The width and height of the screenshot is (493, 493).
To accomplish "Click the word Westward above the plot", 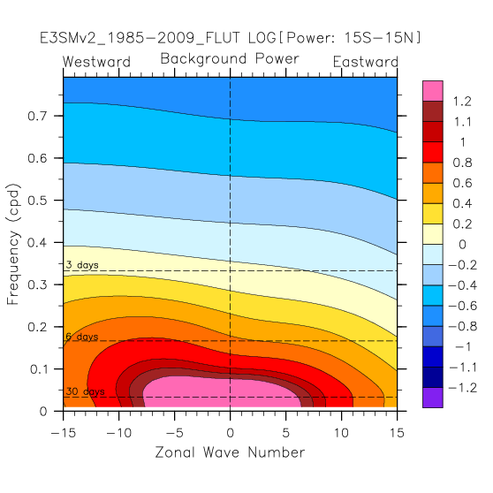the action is coord(96,62).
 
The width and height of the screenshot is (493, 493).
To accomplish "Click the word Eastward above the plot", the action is coord(366,62).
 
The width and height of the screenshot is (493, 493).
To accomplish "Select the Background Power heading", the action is coord(230,59).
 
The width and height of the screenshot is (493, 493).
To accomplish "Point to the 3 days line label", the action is coord(82,265).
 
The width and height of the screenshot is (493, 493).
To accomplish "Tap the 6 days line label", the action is coord(82,337).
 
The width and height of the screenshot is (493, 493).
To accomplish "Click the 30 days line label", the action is coord(85,391).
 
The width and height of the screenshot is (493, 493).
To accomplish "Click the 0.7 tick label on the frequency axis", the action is coord(37,116).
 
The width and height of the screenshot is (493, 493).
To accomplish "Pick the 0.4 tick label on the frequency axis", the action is coord(37,242).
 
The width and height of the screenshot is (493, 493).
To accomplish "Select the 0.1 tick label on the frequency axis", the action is coord(39,369).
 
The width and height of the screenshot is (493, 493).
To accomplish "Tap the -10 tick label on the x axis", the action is coord(119,433).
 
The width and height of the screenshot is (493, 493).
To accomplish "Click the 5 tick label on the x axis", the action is coord(285,433).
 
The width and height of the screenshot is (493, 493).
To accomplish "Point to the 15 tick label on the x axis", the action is coord(397,433).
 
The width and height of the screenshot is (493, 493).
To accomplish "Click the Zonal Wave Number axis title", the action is coord(230,452).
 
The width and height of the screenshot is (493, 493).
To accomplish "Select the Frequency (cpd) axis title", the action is coord(13,245).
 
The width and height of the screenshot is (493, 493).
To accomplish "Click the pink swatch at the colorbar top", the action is coord(433,91).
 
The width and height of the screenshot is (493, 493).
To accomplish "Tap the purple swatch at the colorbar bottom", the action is coord(433,398).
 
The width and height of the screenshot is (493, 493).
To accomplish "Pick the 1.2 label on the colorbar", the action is coord(462,102).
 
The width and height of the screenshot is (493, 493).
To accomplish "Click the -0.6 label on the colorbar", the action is coord(463,306).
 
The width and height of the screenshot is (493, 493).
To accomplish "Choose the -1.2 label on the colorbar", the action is coord(463,388).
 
